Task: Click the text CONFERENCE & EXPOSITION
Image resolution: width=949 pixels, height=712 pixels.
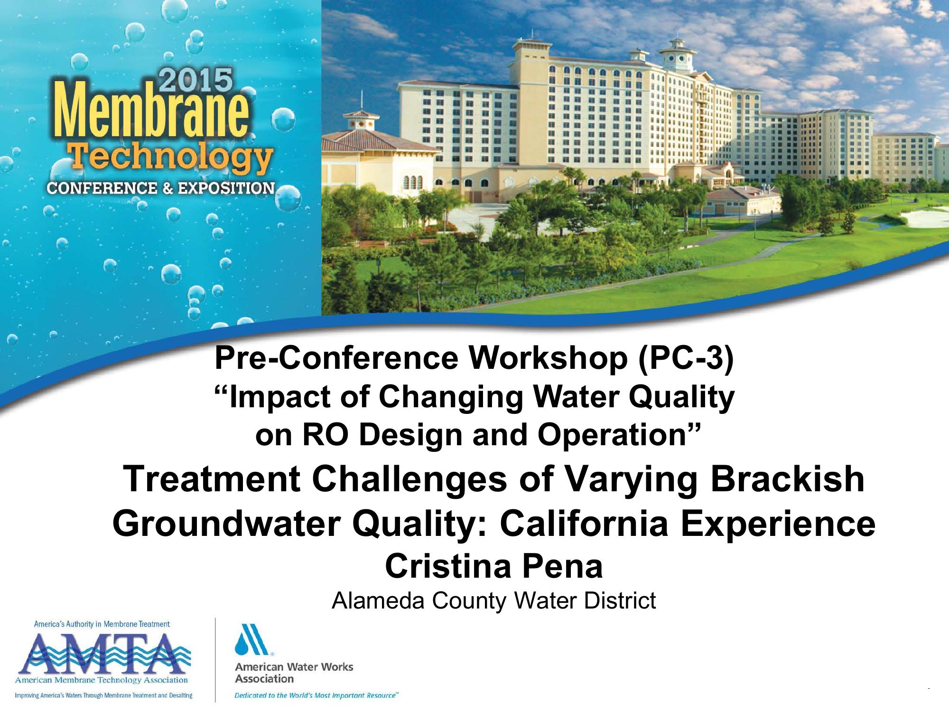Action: pos(161,188)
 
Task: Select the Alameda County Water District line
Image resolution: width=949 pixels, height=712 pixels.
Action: pos(493,600)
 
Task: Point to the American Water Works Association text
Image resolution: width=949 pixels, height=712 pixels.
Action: pos(294,673)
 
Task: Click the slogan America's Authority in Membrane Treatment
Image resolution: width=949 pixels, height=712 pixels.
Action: pos(102,624)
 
